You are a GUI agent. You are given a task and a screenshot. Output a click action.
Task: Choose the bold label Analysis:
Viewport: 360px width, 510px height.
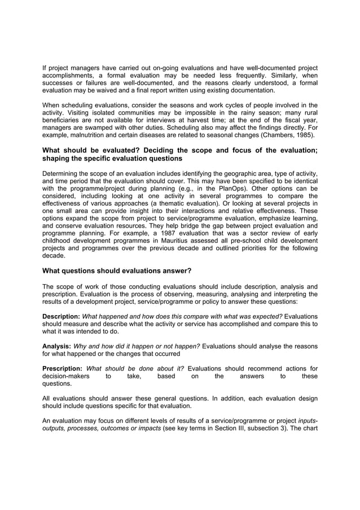(57, 346)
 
